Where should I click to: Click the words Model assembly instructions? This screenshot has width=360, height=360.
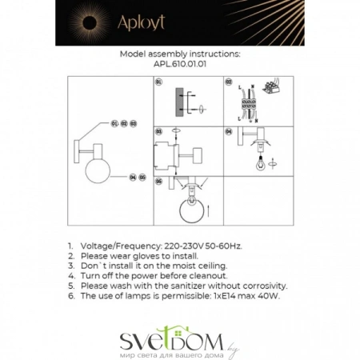(179, 54)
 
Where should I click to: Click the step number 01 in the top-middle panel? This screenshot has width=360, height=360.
(158, 82)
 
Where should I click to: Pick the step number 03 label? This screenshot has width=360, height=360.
(158, 130)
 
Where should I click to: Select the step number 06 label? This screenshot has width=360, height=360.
(158, 181)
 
